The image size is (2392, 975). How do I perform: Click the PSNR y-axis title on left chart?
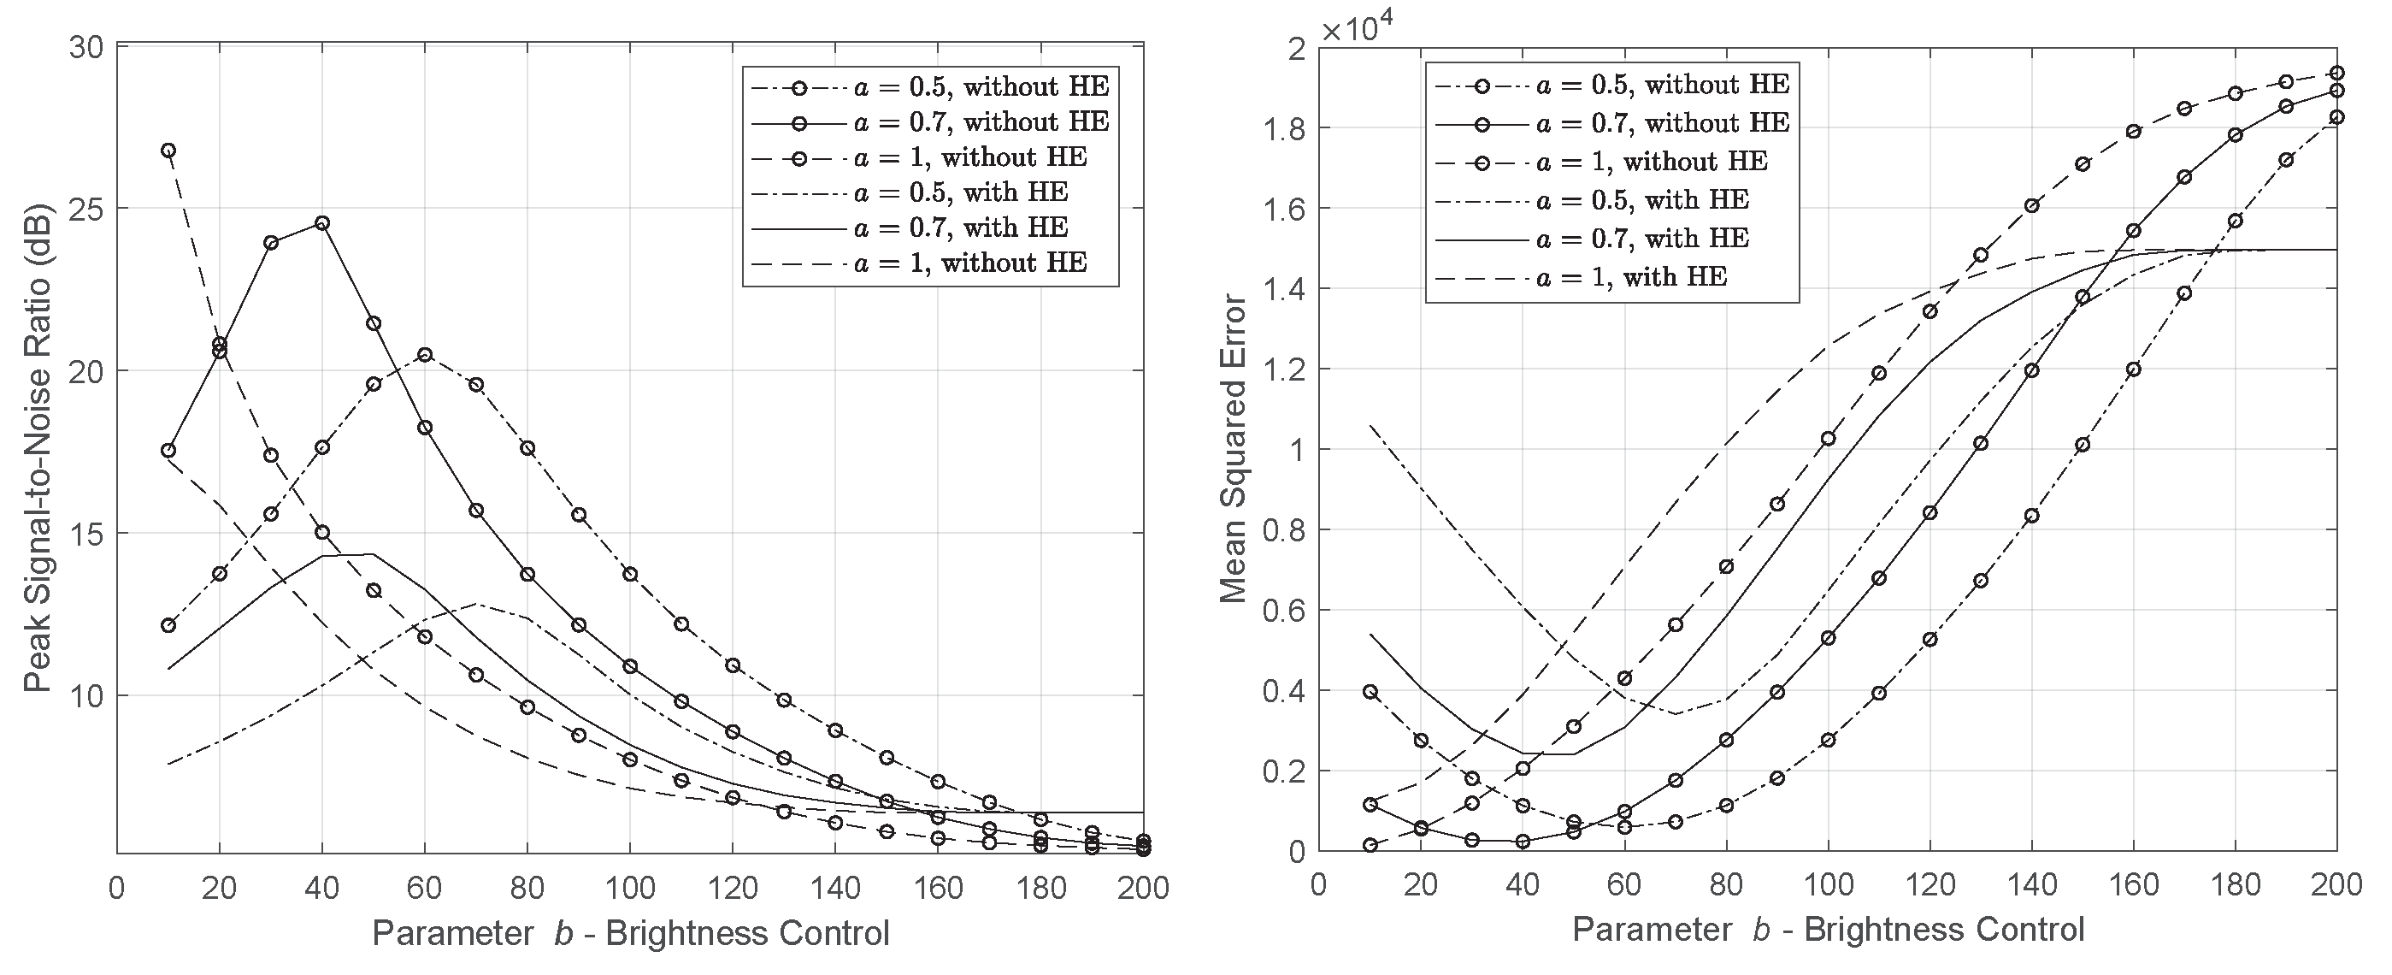(37, 447)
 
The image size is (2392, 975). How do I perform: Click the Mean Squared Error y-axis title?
(1233, 448)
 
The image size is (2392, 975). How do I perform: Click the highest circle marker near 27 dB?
(168, 151)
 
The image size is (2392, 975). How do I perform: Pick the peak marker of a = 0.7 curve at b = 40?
(322, 223)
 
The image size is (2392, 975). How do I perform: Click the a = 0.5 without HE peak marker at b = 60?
(424, 355)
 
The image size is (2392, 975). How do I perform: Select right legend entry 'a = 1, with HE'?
(1634, 277)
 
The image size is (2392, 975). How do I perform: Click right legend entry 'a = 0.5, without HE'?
(1662, 85)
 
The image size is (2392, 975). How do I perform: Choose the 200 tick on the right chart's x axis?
(2336, 885)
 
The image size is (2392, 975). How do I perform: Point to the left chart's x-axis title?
(631, 933)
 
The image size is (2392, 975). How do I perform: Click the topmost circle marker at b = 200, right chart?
(2337, 74)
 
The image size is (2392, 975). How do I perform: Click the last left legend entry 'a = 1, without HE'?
(969, 263)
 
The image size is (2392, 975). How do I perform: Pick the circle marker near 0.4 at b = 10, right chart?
(1370, 692)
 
